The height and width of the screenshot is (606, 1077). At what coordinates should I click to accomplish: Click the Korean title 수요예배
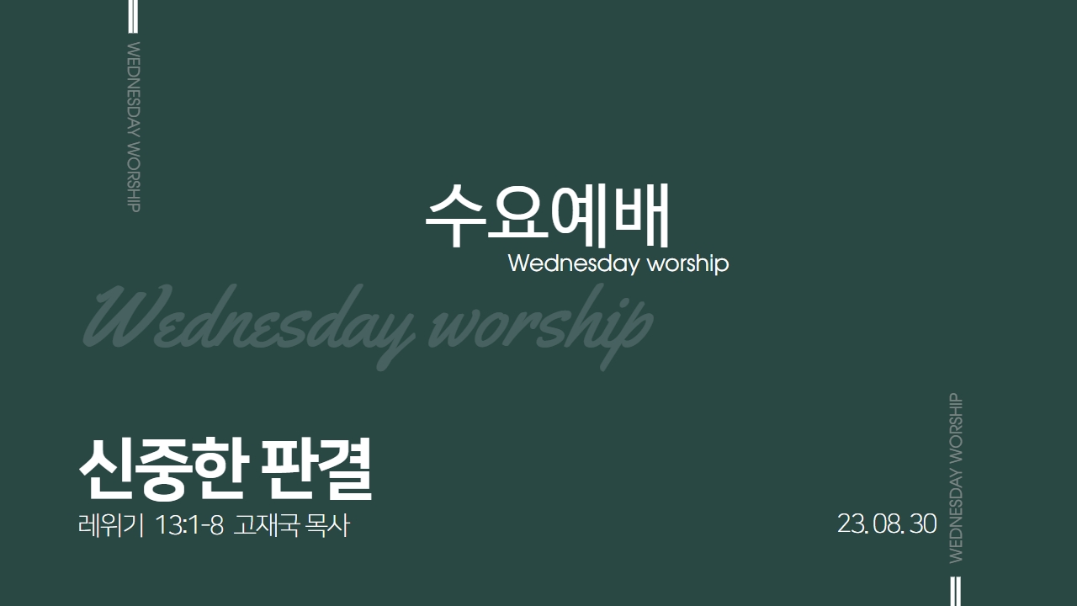pyautogui.click(x=547, y=216)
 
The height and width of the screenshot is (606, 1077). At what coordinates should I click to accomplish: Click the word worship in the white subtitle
pyautogui.click(x=688, y=263)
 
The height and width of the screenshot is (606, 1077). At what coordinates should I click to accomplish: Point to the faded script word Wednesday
pyautogui.click(x=249, y=322)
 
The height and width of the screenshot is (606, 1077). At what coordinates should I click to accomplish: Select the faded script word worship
pyautogui.click(x=541, y=322)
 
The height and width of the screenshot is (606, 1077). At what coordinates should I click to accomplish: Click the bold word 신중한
pyautogui.click(x=163, y=469)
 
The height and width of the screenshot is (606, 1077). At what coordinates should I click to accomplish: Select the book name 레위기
pyautogui.click(x=111, y=524)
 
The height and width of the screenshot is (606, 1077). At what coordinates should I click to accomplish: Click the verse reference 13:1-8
pyautogui.click(x=189, y=524)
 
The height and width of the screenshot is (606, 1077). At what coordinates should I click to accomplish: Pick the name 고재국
pyautogui.click(x=267, y=524)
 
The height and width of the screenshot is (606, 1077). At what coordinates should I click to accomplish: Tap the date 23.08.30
pyautogui.click(x=887, y=524)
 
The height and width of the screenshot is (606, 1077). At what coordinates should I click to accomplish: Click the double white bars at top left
pyautogui.click(x=133, y=16)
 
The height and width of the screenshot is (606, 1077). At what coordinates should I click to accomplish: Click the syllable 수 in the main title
pyautogui.click(x=454, y=216)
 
